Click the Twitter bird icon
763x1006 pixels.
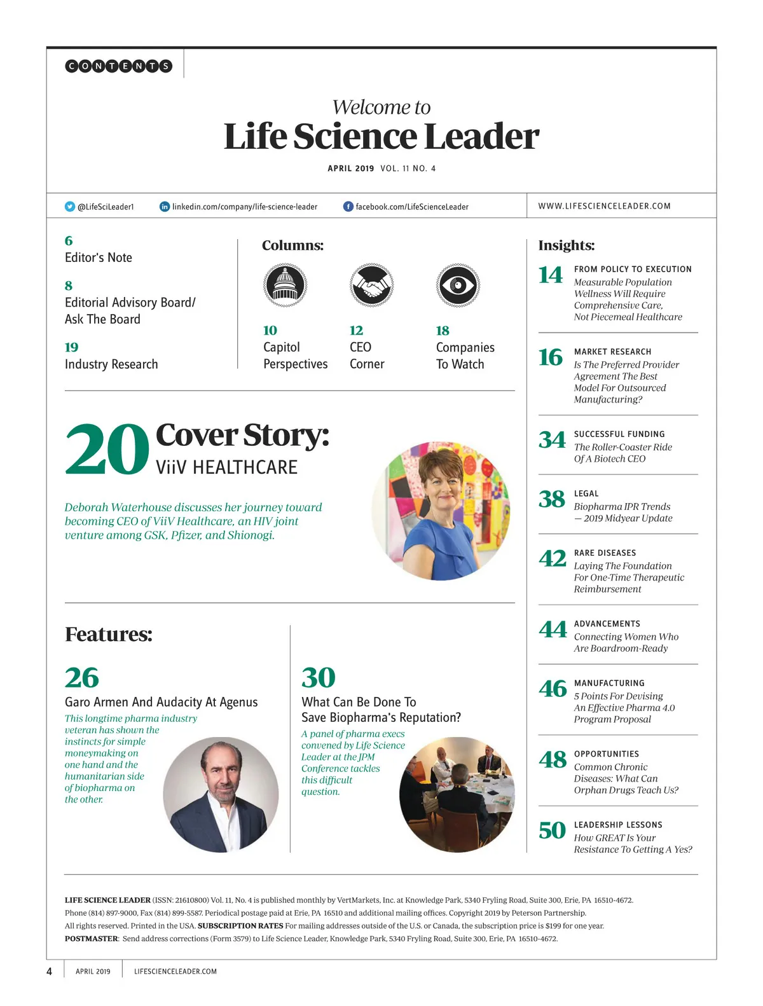coord(70,207)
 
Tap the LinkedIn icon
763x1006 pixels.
coord(165,207)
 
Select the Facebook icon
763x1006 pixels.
coord(348,207)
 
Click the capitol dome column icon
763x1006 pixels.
coord(285,285)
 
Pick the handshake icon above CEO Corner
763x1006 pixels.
coord(372,285)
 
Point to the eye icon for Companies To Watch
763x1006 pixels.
coord(458,285)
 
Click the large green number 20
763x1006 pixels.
coord(107,450)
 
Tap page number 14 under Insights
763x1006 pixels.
coord(551,275)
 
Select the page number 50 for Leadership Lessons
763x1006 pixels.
coord(552,830)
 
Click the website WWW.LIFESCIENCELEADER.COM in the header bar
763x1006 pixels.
coord(604,206)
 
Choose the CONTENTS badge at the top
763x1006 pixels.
coord(119,65)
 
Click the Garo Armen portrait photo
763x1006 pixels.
coord(221,794)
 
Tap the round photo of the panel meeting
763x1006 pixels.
coord(457,794)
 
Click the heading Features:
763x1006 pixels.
coord(109,634)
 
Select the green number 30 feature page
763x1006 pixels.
coord(318,678)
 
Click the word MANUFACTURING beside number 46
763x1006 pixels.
coord(609,683)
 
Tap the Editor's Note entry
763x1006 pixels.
coord(99,258)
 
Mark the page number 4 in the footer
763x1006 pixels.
coord(50,971)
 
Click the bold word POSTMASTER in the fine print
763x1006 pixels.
coord(92,939)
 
